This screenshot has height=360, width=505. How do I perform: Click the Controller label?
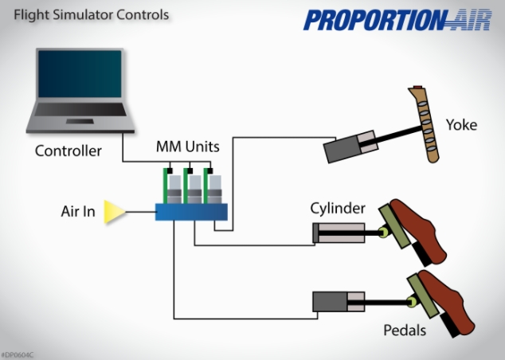(69, 151)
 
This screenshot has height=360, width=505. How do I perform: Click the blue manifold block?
(191, 212)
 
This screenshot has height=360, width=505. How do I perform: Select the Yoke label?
(461, 124)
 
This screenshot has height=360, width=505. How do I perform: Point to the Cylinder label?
(338, 209)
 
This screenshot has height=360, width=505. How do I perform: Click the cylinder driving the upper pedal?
(338, 233)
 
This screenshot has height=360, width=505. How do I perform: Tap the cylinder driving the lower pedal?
(338, 302)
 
